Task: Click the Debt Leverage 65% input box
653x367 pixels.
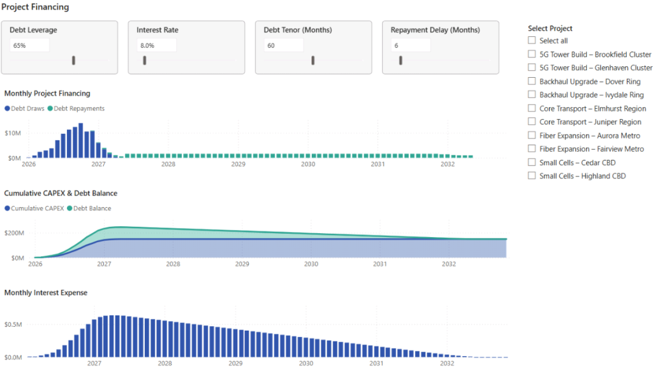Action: (x=29, y=45)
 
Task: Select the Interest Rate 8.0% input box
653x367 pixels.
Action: (x=156, y=45)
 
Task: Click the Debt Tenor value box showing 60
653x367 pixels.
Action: (x=283, y=45)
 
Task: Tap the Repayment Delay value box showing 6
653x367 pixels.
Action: (x=410, y=45)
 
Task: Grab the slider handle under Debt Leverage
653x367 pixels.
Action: (x=74, y=60)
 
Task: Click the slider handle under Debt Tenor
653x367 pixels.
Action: (x=313, y=60)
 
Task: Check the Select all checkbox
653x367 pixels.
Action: (x=532, y=41)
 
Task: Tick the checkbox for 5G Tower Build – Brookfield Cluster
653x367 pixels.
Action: (x=532, y=54)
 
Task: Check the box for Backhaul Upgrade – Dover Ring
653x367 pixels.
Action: (x=532, y=81)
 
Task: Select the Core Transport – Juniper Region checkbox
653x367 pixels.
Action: (x=532, y=122)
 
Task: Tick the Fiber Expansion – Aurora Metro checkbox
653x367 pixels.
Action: (x=532, y=135)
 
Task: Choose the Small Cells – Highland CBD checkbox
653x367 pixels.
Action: (x=532, y=176)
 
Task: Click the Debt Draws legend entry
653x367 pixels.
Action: (x=25, y=108)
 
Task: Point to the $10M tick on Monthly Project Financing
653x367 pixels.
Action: (x=13, y=133)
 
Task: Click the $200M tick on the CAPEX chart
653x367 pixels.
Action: (x=14, y=233)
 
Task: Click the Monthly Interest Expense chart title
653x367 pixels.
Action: (x=46, y=292)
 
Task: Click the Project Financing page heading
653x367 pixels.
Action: (x=35, y=7)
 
